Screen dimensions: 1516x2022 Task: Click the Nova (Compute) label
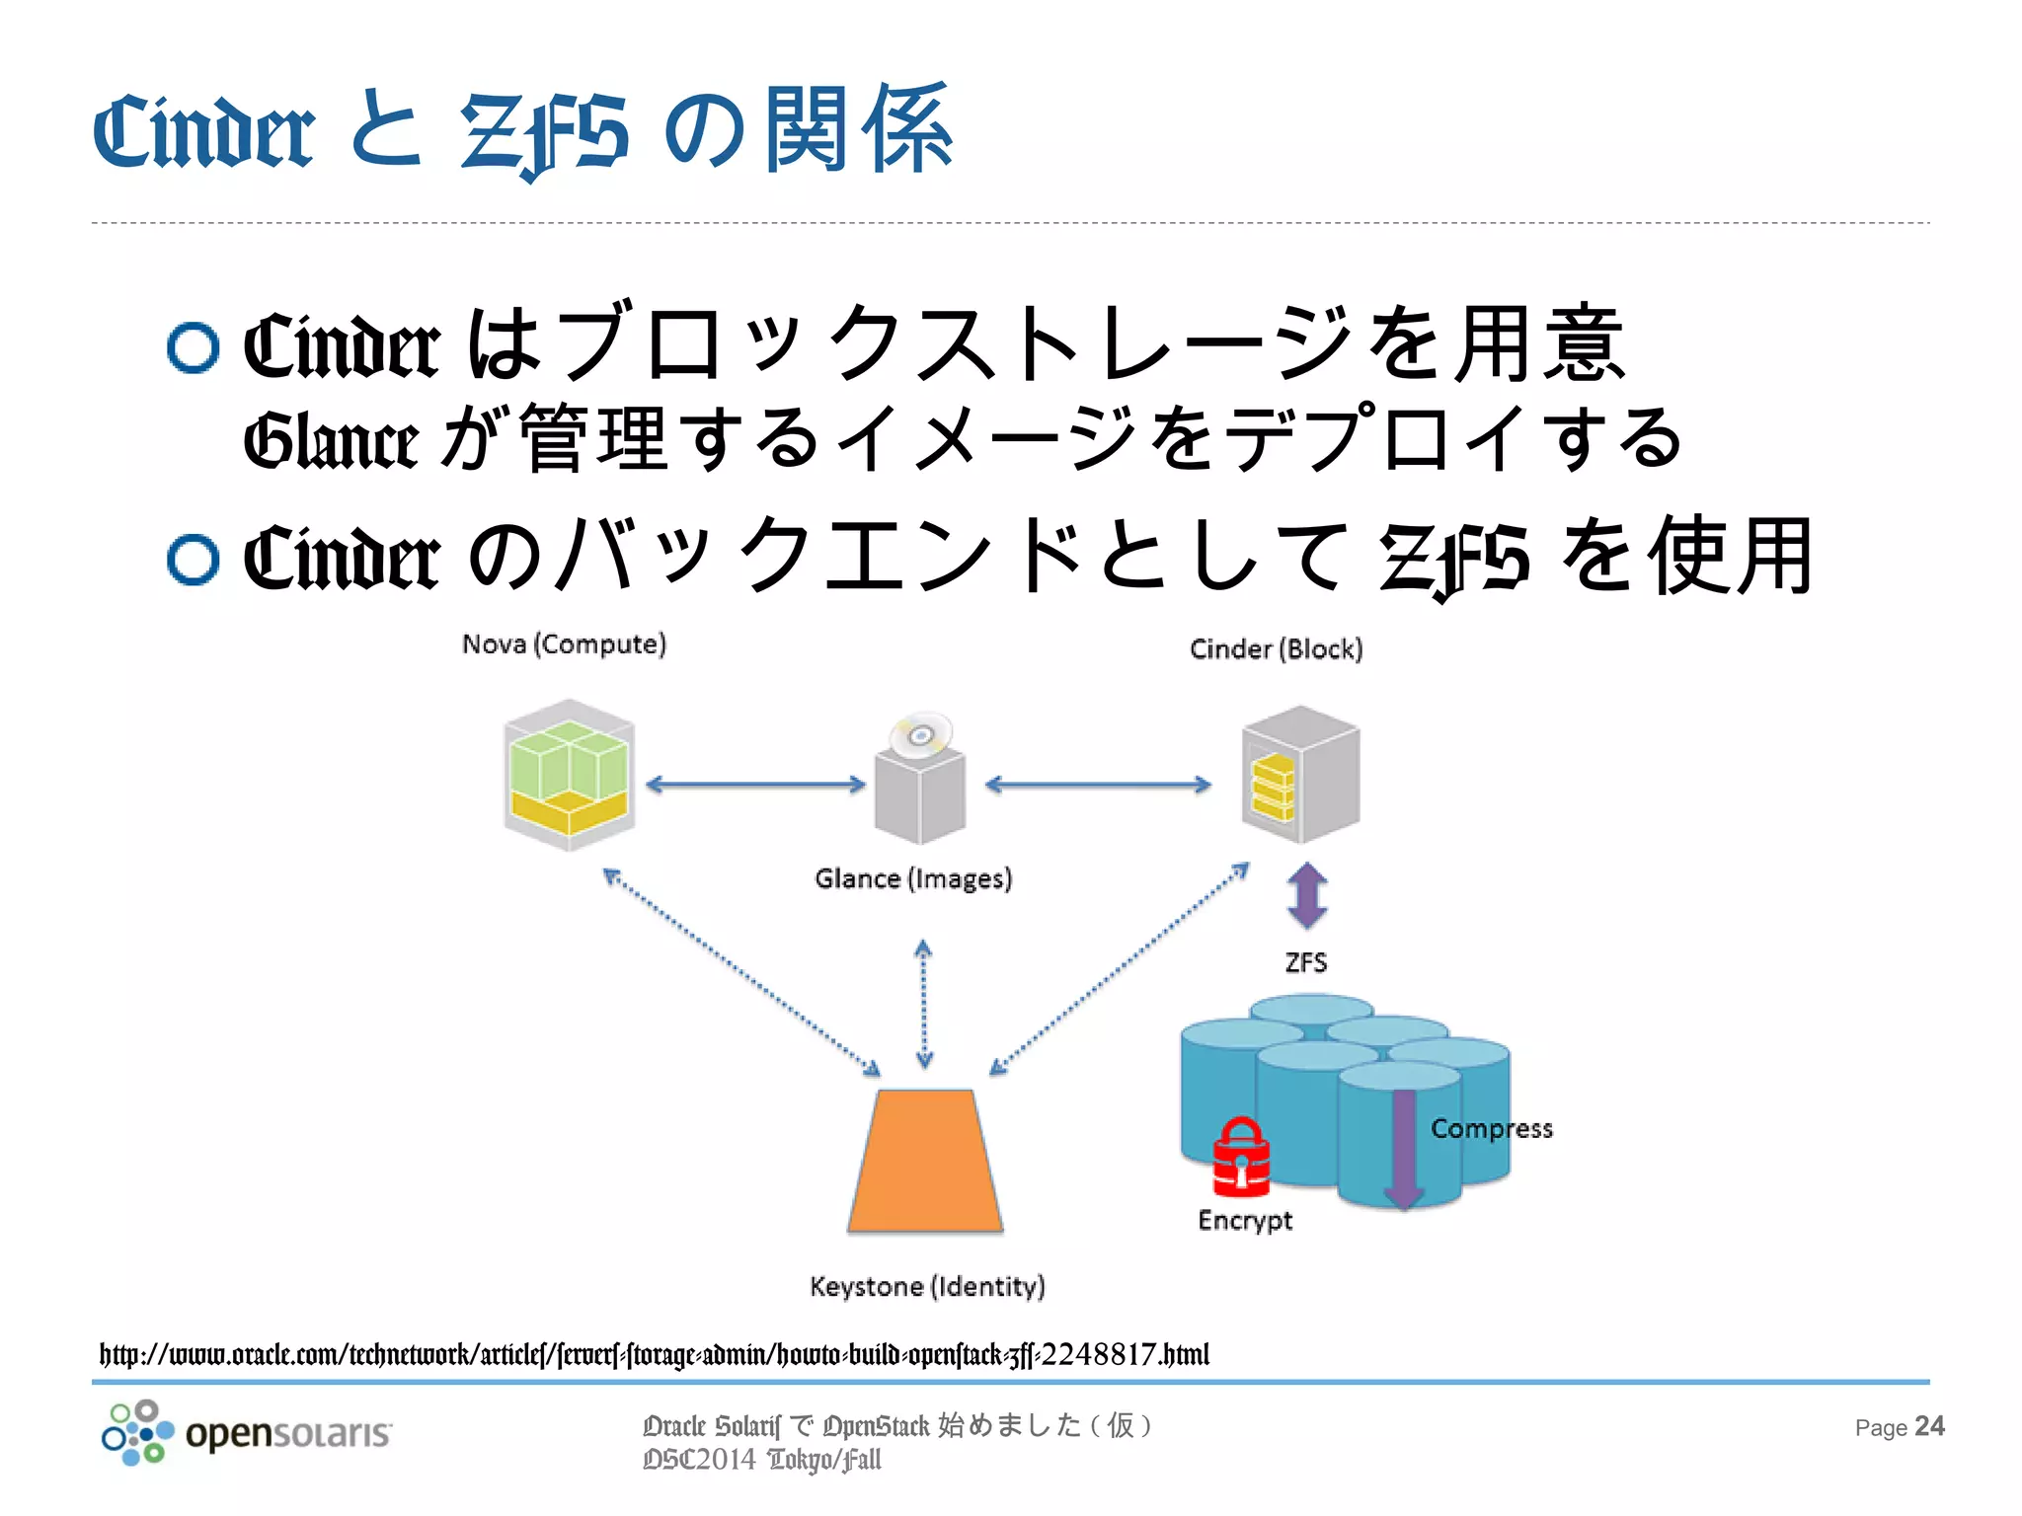[x=564, y=644]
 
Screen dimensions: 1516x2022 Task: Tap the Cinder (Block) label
[x=1276, y=649]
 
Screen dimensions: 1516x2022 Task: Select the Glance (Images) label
[x=913, y=878]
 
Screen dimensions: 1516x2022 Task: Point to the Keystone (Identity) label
[x=927, y=1286]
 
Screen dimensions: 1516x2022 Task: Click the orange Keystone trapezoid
[x=925, y=1162]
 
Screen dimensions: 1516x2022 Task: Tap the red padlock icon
[x=1241, y=1156]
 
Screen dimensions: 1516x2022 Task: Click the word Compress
[x=1491, y=1128]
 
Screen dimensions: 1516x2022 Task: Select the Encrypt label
[x=1244, y=1220]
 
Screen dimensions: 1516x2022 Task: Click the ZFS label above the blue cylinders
[x=1305, y=962]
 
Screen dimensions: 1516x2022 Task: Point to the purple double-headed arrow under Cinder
[x=1307, y=896]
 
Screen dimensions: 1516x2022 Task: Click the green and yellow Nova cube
[x=569, y=775]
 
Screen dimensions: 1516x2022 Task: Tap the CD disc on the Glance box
[x=920, y=734]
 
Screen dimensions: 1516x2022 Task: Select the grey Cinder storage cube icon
[x=1300, y=775]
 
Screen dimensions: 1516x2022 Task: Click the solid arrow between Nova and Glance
[x=755, y=785]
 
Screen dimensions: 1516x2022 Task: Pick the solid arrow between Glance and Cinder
[x=1098, y=785]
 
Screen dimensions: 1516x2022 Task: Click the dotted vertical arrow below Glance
[x=924, y=1004]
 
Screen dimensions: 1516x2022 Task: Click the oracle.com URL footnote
[x=654, y=1354]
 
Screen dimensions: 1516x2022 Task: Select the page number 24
[x=1929, y=1426]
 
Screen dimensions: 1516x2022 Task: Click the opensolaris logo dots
[x=137, y=1432]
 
